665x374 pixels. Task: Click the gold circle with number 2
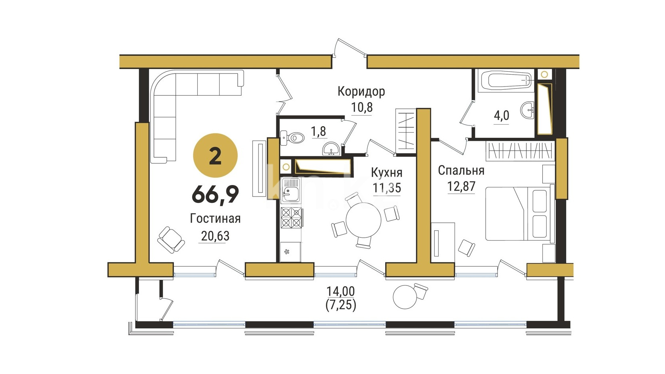[215, 155]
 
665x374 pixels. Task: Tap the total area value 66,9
[215, 195]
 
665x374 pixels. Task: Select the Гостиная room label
[215, 219]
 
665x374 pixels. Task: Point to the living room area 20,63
[215, 236]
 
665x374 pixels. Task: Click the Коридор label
[361, 92]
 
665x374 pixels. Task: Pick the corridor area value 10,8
[362, 107]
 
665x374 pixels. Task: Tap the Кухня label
[387, 173]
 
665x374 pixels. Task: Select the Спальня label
[461, 171]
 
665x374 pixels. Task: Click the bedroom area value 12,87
[461, 187]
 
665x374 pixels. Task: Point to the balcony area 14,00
[341, 291]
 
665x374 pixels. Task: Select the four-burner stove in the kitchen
[291, 218]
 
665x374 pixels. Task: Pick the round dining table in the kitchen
[363, 220]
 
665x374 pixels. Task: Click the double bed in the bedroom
[520, 214]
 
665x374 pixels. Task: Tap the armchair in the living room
[171, 240]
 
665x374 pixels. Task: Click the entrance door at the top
[349, 48]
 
